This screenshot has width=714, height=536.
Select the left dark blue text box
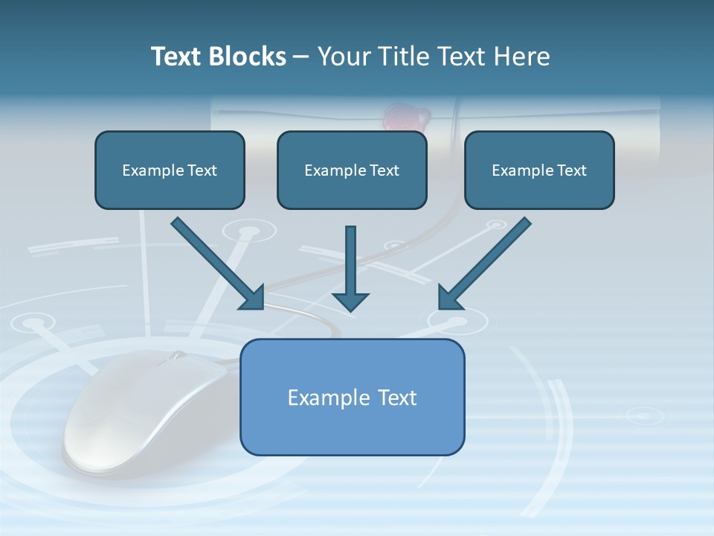pyautogui.click(x=170, y=170)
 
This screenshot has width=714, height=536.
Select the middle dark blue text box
pyautogui.click(x=352, y=170)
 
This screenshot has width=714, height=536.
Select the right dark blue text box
pyautogui.click(x=539, y=170)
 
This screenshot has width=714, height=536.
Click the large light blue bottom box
pyautogui.click(x=352, y=397)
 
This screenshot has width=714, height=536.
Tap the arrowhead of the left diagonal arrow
pyautogui.click(x=253, y=298)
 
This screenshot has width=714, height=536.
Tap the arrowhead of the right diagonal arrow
pyautogui.click(x=450, y=298)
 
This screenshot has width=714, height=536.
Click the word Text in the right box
pyautogui.click(x=571, y=170)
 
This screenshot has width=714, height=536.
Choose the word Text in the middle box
pyautogui.click(x=384, y=170)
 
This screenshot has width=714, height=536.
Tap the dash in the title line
pyautogui.click(x=301, y=57)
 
